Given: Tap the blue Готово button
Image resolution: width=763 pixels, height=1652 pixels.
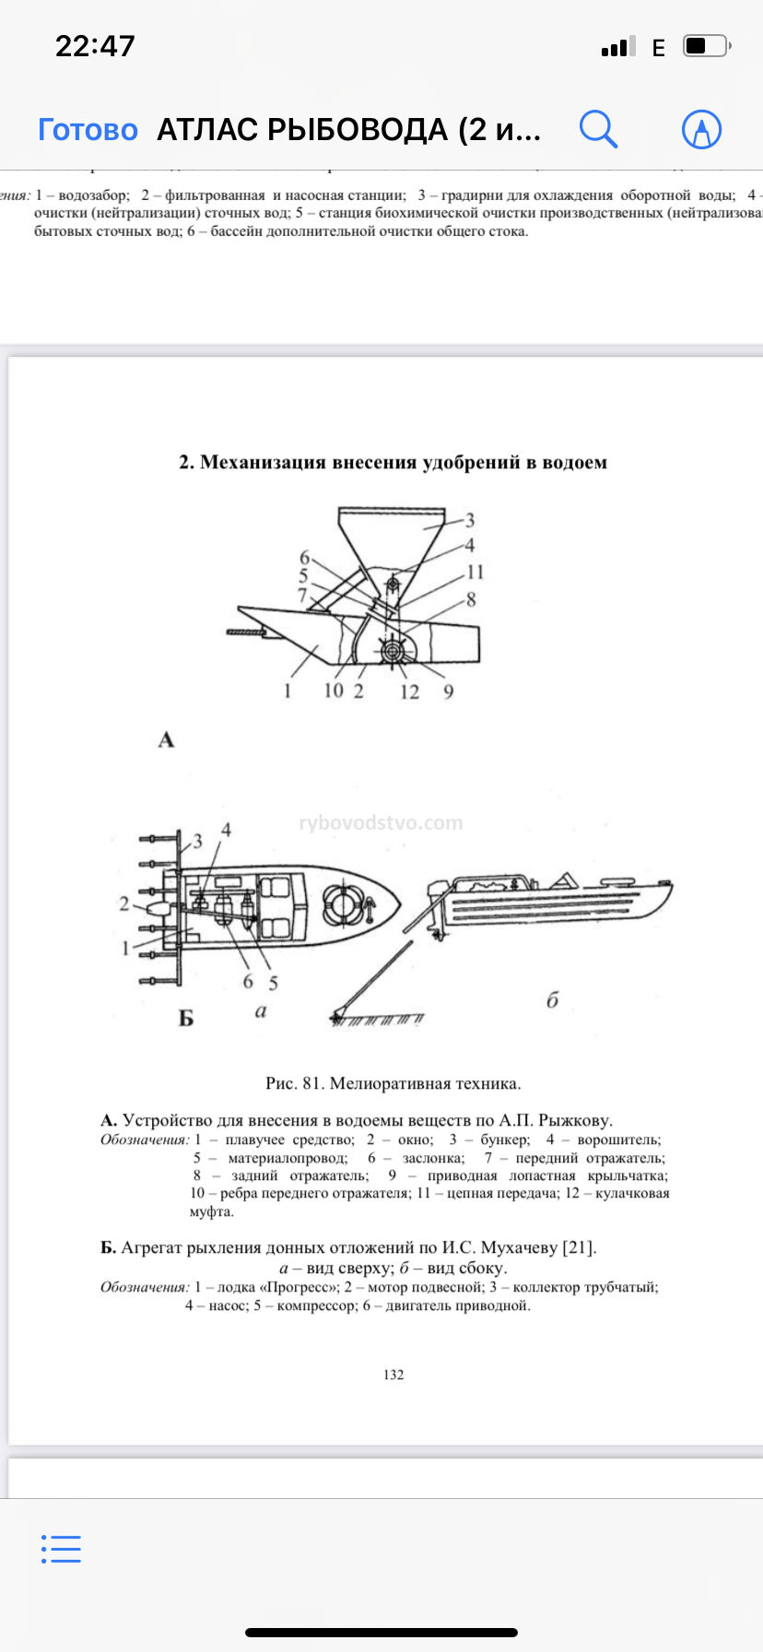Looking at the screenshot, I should pyautogui.click(x=88, y=130).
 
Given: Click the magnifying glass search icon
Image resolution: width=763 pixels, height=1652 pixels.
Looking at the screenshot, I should pyautogui.click(x=598, y=129).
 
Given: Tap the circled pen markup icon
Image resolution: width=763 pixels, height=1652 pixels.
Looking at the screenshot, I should pyautogui.click(x=701, y=130).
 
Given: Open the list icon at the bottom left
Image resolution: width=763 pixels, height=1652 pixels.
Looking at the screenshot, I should pyautogui.click(x=62, y=1549).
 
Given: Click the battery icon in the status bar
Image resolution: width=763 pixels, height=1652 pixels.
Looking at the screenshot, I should pyautogui.click(x=706, y=46).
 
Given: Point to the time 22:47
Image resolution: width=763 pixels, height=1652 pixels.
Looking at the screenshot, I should pyautogui.click(x=95, y=46).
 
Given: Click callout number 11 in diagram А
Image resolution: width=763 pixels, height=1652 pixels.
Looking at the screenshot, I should pyautogui.click(x=475, y=572).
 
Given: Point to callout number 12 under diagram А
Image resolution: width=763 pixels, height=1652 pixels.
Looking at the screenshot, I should pyautogui.click(x=409, y=691).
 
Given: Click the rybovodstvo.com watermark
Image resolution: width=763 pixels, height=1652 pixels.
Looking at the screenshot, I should pyautogui.click(x=381, y=822).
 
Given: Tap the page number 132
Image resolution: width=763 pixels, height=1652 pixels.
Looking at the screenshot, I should pyautogui.click(x=393, y=1375).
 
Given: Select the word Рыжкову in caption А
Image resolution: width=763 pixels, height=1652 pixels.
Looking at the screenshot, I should pyautogui.click(x=574, y=1120).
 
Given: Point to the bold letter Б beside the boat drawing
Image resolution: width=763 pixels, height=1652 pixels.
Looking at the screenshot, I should pyautogui.click(x=186, y=1018).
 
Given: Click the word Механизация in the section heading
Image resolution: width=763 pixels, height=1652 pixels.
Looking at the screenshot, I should pyautogui.click(x=263, y=462).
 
